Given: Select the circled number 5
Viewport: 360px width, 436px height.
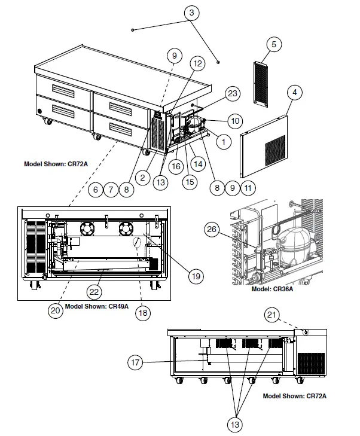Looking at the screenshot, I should point(273,44).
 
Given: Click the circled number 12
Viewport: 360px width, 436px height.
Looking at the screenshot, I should point(197,63).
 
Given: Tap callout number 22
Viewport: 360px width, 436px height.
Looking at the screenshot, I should point(93,291).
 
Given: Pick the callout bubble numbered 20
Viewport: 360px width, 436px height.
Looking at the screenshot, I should point(55,310).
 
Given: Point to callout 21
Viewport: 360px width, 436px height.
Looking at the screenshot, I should point(273,315).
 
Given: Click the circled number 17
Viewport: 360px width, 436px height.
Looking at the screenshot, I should point(136,361).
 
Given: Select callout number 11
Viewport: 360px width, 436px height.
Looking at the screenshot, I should point(248,188).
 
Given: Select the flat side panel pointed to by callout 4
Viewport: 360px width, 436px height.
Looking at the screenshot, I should point(265,144).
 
